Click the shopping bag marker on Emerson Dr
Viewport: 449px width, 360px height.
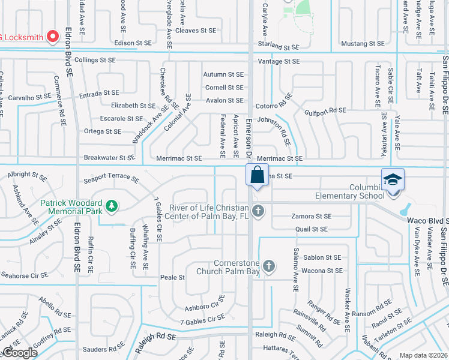(x=257, y=176)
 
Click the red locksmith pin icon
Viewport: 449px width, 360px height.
(x=52, y=37)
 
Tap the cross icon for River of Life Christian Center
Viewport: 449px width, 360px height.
(x=258, y=211)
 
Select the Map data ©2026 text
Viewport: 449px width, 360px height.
(x=423, y=355)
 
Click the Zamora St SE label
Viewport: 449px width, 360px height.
(x=312, y=216)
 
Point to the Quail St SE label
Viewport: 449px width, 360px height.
(x=312, y=229)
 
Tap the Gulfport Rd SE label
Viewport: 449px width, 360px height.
(x=325, y=110)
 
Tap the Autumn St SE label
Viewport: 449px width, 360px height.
(x=223, y=74)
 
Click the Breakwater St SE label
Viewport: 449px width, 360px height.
(x=109, y=158)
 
